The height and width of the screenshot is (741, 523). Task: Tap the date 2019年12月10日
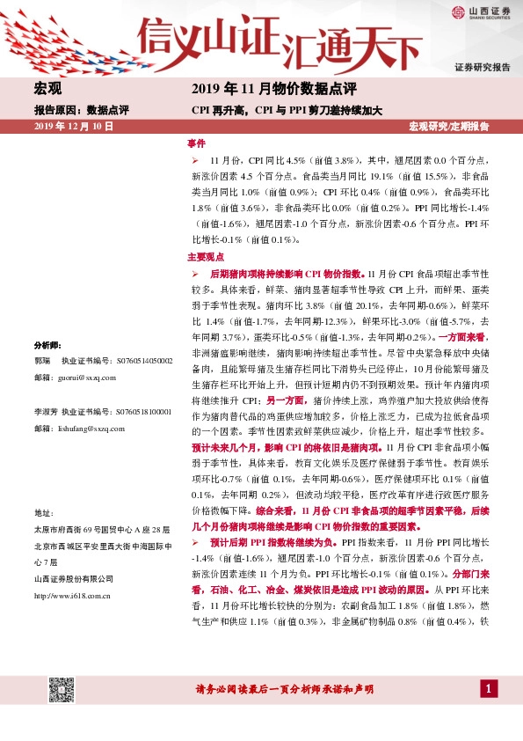coord(74,127)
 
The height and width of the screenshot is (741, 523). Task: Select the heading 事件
coord(196,143)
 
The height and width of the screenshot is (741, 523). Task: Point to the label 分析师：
coord(47,344)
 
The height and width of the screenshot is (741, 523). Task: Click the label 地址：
coord(44,537)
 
